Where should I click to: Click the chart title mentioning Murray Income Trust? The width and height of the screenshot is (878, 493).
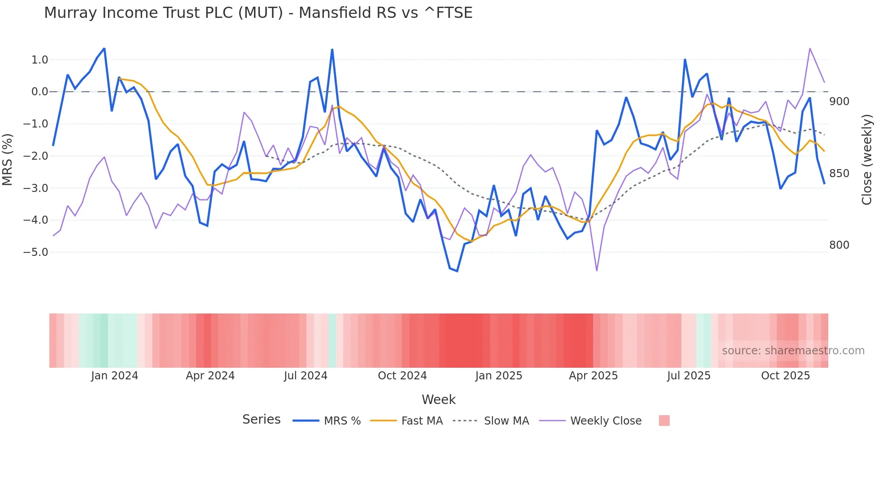(258, 13)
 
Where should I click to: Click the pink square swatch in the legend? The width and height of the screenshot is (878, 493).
(664, 421)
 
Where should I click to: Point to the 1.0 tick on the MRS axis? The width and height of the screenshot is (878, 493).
(39, 60)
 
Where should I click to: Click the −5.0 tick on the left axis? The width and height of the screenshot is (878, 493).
(36, 252)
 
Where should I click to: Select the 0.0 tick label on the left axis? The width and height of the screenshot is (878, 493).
(39, 92)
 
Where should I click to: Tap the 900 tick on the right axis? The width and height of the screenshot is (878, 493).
(839, 102)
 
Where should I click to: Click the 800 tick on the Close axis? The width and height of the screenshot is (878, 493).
(839, 245)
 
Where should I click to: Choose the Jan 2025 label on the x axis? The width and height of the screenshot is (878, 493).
(499, 376)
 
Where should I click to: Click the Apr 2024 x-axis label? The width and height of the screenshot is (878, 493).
(210, 376)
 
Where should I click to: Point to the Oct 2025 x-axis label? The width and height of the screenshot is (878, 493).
(785, 376)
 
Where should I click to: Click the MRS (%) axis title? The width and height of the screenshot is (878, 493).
(8, 159)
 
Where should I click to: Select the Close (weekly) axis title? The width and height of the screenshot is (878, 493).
(867, 159)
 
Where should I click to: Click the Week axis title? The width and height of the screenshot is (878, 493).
(439, 399)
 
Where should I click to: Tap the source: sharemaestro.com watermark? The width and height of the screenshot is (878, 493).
(793, 351)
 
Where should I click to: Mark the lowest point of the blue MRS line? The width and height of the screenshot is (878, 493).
(457, 271)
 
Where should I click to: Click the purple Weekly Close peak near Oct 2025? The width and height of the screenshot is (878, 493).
(810, 48)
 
